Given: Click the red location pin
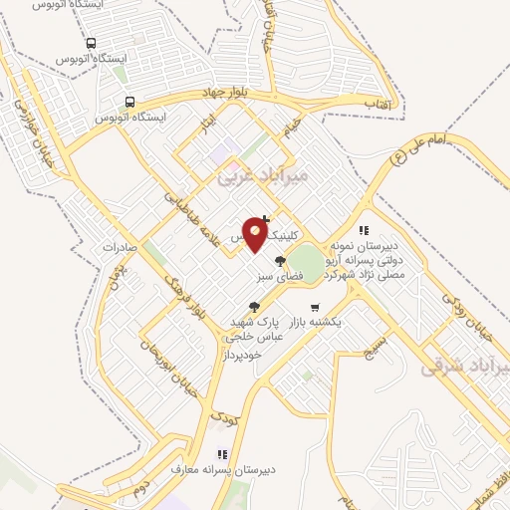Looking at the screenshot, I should (x=256, y=235).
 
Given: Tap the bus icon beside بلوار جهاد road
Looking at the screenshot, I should (x=129, y=102).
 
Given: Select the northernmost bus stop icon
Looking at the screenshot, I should (x=92, y=44).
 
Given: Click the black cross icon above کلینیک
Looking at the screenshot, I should (x=263, y=219).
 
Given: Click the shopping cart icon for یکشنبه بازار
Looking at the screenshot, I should (x=316, y=307).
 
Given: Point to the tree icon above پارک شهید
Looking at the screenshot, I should (x=255, y=306).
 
